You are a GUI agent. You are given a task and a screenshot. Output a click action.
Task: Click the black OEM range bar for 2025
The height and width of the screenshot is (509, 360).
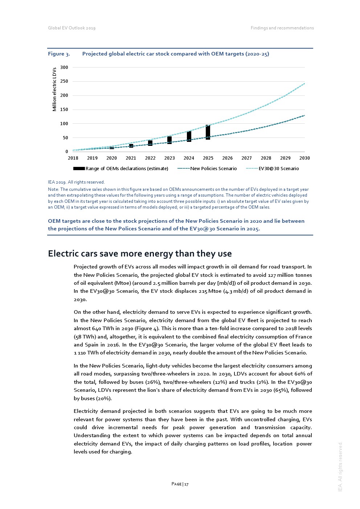coord(208,132)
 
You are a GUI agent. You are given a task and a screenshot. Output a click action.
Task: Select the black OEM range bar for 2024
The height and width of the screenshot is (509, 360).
coord(189,136)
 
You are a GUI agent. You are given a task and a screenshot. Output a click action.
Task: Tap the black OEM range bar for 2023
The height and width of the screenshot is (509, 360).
coord(169,140)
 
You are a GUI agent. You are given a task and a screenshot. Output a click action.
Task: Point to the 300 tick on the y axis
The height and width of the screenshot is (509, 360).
coord(64,67)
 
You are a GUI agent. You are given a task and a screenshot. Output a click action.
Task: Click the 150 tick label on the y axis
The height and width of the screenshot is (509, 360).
coord(64,110)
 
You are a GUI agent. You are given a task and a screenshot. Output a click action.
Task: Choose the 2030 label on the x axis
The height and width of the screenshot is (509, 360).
coord(304,158)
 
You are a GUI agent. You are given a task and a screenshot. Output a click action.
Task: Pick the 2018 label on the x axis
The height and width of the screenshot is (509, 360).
coord(73,158)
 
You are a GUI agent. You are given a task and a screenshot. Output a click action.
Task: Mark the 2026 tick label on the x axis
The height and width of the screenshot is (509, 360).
coord(227,158)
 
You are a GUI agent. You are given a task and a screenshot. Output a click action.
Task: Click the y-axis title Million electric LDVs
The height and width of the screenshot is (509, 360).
coord(54,89)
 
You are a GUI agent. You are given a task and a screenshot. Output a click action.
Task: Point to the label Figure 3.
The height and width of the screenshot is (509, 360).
coord(59,54)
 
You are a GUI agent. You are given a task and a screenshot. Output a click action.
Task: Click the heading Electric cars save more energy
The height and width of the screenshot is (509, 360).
coord(140,254)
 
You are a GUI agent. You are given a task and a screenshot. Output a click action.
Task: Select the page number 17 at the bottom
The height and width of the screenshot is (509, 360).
coord(180,484)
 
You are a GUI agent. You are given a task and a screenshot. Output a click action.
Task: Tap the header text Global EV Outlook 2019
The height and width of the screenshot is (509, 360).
coord(72,28)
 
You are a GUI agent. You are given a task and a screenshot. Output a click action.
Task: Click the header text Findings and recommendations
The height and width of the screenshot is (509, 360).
coord(282,28)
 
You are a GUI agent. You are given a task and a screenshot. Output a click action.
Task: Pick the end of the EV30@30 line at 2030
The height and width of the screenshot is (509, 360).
coord(304,83)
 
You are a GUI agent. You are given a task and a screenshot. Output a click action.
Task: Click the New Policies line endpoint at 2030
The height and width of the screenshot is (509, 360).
coord(304,115)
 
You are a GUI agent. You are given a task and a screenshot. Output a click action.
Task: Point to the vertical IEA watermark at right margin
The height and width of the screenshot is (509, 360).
coord(340,467)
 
